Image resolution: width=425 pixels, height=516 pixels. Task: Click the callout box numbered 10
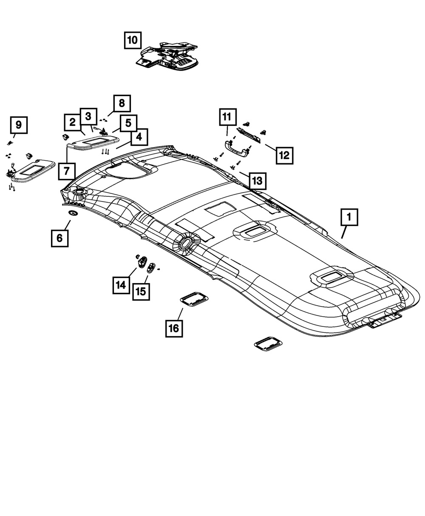tap(133, 40)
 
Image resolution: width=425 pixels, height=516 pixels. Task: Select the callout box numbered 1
tap(348, 218)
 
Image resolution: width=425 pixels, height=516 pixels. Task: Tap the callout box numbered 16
tap(174, 328)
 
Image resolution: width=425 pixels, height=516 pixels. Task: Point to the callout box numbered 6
tap(59, 238)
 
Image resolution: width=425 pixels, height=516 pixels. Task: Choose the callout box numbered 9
tap(19, 125)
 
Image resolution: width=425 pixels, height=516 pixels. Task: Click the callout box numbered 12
tap(284, 155)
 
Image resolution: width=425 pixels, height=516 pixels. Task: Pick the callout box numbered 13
tap(257, 181)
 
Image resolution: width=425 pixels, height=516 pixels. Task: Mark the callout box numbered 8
tap(122, 103)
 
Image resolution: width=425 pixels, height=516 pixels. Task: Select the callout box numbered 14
tap(121, 284)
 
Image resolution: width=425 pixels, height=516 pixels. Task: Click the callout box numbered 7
tap(67, 172)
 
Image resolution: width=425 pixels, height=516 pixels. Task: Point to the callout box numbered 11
tap(227, 116)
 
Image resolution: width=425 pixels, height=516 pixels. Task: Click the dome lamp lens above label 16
tap(193, 298)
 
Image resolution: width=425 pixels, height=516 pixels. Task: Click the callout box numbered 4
tap(139, 137)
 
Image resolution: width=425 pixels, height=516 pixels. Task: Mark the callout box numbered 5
tap(127, 123)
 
